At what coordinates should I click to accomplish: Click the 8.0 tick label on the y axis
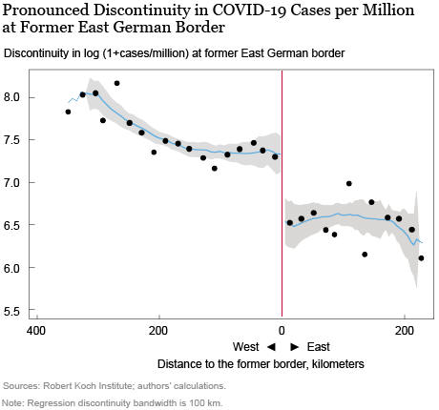11,97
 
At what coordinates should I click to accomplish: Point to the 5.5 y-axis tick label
11,311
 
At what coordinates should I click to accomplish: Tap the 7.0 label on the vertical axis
11,183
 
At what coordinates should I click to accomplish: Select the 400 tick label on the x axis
36,331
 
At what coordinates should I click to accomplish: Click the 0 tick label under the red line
282,331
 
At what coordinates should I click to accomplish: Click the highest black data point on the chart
116,83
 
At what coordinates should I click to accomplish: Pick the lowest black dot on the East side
421,258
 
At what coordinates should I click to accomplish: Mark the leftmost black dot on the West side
68,112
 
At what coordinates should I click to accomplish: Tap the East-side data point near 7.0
349,184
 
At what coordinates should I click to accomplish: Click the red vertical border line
282,194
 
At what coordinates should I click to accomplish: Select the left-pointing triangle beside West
271,347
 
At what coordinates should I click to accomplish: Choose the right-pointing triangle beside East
295,347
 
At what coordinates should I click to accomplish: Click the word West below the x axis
246,347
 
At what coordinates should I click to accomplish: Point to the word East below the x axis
319,347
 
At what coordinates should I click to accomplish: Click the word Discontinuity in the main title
151,10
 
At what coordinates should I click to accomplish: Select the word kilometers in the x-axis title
338,364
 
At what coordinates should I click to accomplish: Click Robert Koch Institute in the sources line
87,386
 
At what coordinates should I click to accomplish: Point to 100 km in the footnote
204,403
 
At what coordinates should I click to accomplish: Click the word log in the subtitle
92,53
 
